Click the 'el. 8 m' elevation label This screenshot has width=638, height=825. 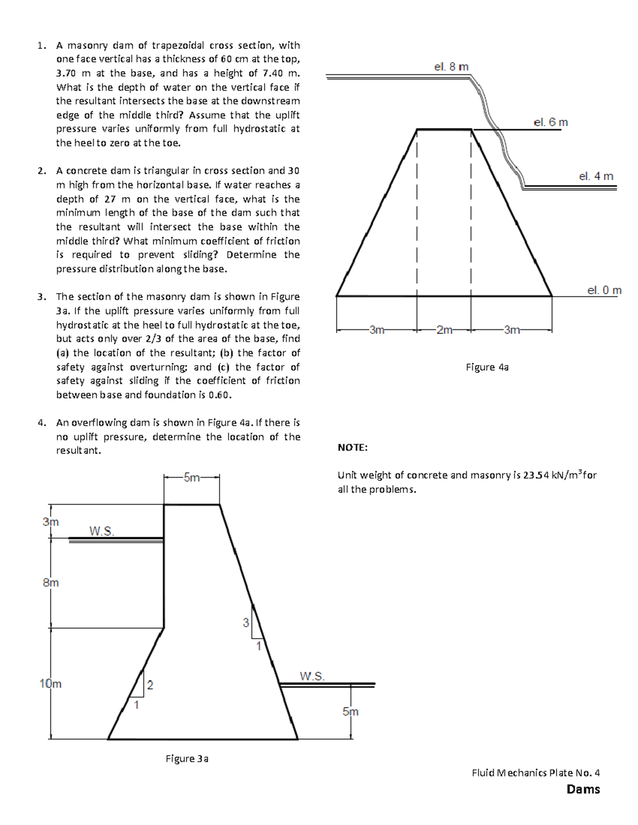pyautogui.click(x=451, y=67)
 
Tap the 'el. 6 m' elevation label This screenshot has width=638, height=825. pyautogui.click(x=550, y=122)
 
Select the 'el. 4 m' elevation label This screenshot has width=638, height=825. pyautogui.click(x=596, y=176)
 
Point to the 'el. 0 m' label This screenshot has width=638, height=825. pyautogui.click(x=604, y=291)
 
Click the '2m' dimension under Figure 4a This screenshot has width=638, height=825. pyautogui.click(x=443, y=330)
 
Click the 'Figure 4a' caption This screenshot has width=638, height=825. pyautogui.click(x=487, y=367)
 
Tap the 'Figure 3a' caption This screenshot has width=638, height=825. pyautogui.click(x=187, y=759)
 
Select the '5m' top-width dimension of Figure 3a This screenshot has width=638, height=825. pyautogui.click(x=191, y=478)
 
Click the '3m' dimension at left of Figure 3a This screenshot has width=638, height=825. pyautogui.click(x=51, y=522)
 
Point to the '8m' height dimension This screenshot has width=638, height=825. pyautogui.click(x=51, y=583)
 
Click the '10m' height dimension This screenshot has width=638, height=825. pyautogui.click(x=51, y=684)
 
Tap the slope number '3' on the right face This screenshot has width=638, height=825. pyautogui.click(x=246, y=623)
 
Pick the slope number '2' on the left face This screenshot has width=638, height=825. pyautogui.click(x=150, y=685)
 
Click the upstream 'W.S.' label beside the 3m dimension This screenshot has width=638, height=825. pyautogui.click(x=101, y=531)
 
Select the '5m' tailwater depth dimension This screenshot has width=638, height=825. pyautogui.click(x=350, y=712)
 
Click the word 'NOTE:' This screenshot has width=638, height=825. pyautogui.click(x=352, y=448)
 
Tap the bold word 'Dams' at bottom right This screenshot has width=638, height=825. pyautogui.click(x=583, y=789)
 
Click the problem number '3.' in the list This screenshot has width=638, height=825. pyautogui.click(x=42, y=297)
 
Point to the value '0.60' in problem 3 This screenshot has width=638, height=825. pyautogui.click(x=220, y=395)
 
